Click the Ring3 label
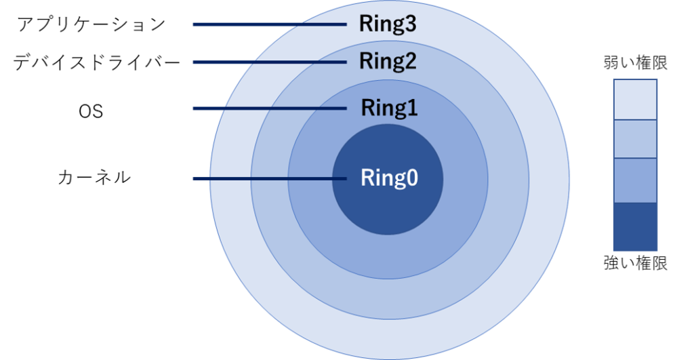pyautogui.click(x=387, y=24)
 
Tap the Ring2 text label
pyautogui.click(x=387, y=62)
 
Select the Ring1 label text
pyautogui.click(x=389, y=108)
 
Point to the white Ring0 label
pyautogui.click(x=389, y=178)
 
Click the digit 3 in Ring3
pyautogui.click(x=409, y=24)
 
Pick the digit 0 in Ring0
pyautogui.click(x=411, y=178)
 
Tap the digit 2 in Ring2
pyautogui.click(x=409, y=62)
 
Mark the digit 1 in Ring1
pyautogui.click(x=411, y=108)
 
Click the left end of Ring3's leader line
pyautogui.click(x=195, y=24)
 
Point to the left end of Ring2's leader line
pyautogui.click(x=195, y=62)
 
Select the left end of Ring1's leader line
pyautogui.click(x=195, y=108)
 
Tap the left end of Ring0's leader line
pyautogui.click(x=195, y=179)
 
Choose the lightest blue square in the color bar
pyautogui.click(x=635, y=100)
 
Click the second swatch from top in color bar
pyautogui.click(x=635, y=139)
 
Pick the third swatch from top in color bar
pyautogui.click(x=635, y=180)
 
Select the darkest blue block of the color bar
pyautogui.click(x=635, y=227)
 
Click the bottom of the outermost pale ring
pyautogui.click(x=389, y=339)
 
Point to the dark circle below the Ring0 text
pyautogui.click(x=388, y=214)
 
